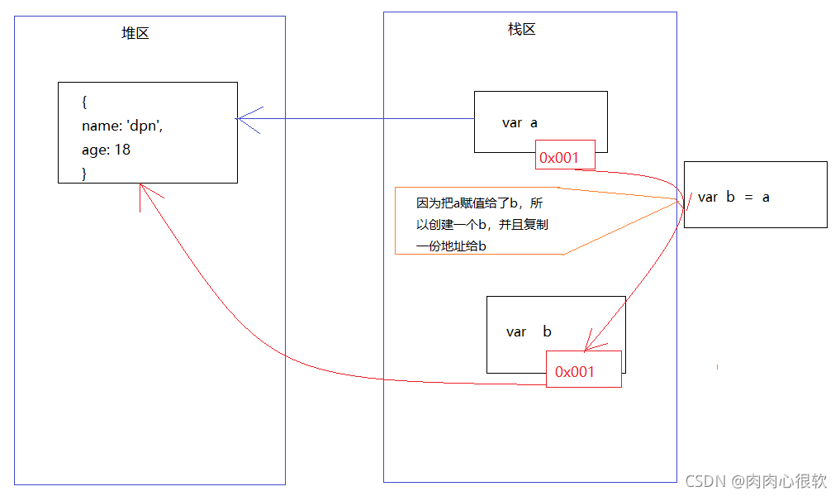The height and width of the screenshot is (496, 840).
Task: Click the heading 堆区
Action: coord(135,34)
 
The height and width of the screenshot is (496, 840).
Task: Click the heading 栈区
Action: coord(521,30)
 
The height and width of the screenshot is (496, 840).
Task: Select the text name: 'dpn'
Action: coord(128,126)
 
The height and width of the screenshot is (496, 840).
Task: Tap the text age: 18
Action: coord(107,150)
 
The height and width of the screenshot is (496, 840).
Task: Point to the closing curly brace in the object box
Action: coord(84,173)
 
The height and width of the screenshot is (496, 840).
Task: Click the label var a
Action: coord(520,123)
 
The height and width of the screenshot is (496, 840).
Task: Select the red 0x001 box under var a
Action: coord(565,157)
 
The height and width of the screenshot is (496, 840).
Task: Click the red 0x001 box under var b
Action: coord(583,372)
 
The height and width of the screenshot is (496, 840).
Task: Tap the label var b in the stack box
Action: coord(529,332)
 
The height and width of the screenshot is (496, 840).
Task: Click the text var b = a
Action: coord(733,197)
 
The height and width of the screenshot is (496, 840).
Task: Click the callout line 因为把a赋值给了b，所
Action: coord(480,203)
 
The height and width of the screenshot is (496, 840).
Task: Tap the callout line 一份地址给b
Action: coord(450,246)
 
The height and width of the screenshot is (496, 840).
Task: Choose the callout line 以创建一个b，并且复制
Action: coord(482,225)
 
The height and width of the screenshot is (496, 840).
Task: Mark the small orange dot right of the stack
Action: coord(717,365)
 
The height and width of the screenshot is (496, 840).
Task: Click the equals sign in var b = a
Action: coord(748,198)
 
